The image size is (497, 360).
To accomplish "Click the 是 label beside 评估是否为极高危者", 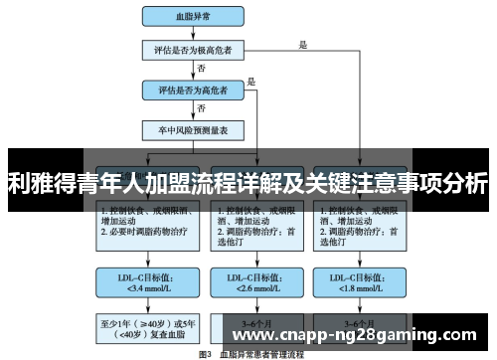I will click(302, 42).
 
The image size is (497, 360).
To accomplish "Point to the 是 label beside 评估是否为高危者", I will click(251, 82).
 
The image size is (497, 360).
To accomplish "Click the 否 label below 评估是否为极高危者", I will click(203, 69).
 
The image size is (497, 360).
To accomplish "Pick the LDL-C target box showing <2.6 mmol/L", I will click(252, 283).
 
